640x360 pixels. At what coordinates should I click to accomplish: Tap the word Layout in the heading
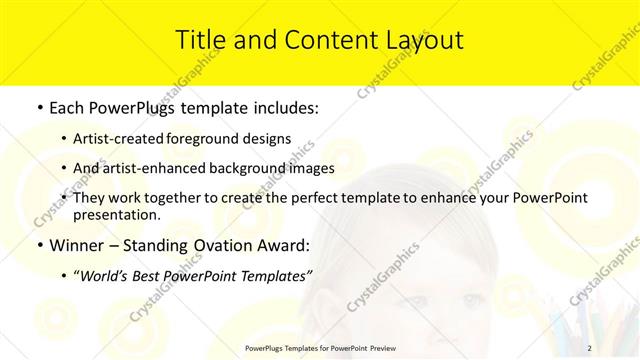pyautogui.click(x=419, y=40)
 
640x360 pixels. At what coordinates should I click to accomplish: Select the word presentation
pyautogui.click(x=116, y=214)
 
